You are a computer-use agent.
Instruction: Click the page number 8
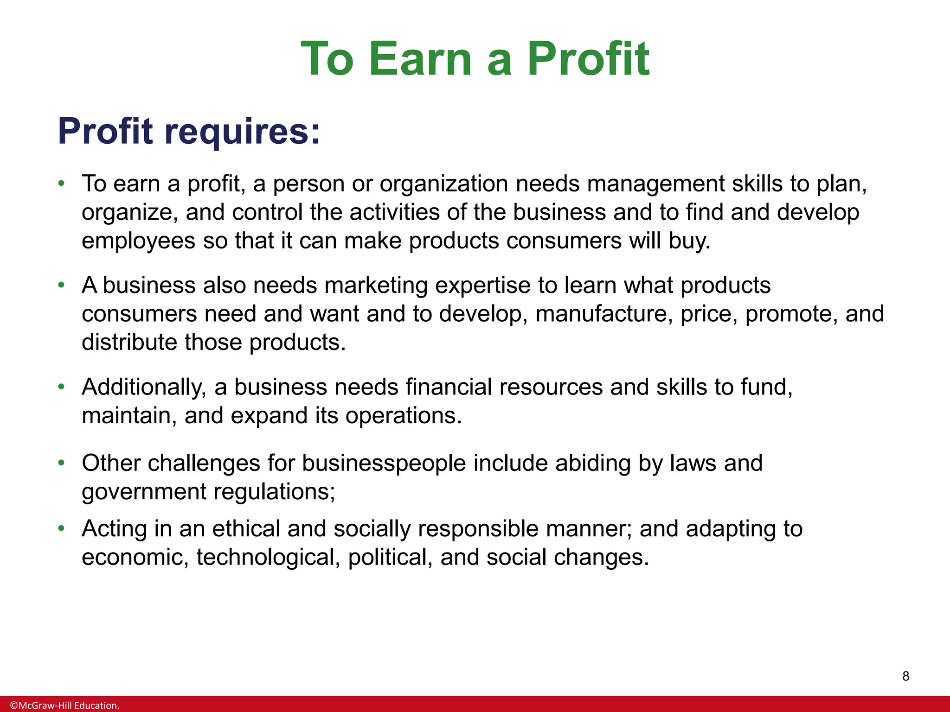[x=905, y=676]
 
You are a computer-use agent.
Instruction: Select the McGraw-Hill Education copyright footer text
[x=65, y=706]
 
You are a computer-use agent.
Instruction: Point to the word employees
[x=138, y=242]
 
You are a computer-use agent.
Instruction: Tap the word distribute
[x=129, y=343]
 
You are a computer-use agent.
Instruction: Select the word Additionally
[x=144, y=387]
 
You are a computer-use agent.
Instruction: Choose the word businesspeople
[x=384, y=463]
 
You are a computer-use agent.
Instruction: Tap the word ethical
[x=246, y=529]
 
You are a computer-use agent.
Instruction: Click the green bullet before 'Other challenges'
[x=61, y=463]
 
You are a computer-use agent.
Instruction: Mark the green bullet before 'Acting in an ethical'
[x=61, y=528]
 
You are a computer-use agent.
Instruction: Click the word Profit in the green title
[x=588, y=59]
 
